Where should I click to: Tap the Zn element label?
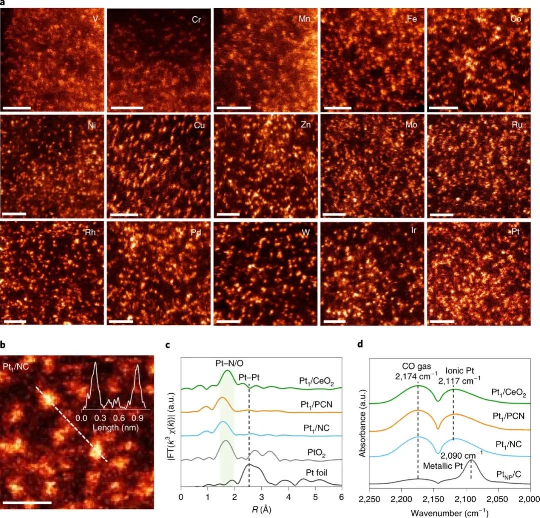[x=305, y=125]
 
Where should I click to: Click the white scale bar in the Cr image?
[x=127, y=107]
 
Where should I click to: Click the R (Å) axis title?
[x=261, y=511]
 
